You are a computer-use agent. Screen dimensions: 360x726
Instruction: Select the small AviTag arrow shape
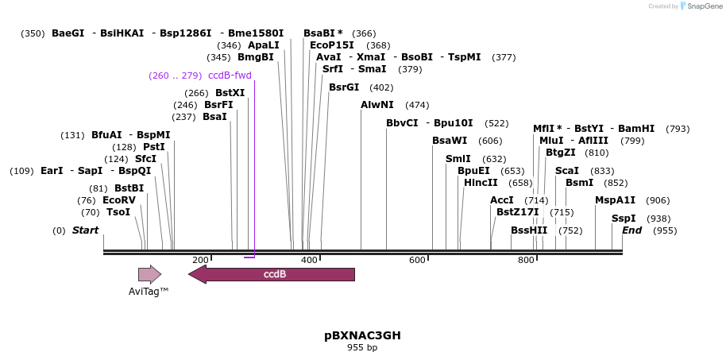click(149, 274)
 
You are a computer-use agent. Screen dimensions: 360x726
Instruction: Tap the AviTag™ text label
click(149, 292)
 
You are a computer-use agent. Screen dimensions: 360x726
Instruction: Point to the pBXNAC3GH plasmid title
click(362, 335)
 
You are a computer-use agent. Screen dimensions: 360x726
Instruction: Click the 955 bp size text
click(362, 348)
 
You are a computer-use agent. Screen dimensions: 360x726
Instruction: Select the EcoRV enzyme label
click(119, 200)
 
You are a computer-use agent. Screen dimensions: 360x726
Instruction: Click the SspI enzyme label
click(624, 219)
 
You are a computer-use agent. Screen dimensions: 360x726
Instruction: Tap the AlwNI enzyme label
click(377, 105)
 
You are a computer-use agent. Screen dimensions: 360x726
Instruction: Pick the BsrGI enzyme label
click(344, 87)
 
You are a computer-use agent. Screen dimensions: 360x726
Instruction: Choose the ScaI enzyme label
click(567, 171)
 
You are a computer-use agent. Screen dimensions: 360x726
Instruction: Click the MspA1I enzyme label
click(616, 200)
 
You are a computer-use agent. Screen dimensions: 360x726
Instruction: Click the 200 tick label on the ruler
click(200, 260)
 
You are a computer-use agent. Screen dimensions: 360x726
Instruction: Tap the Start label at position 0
click(85, 230)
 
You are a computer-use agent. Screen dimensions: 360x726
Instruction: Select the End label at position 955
click(631, 230)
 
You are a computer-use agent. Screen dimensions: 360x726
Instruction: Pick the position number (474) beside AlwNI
click(417, 105)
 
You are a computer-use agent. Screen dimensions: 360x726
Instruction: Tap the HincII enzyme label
click(481, 183)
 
